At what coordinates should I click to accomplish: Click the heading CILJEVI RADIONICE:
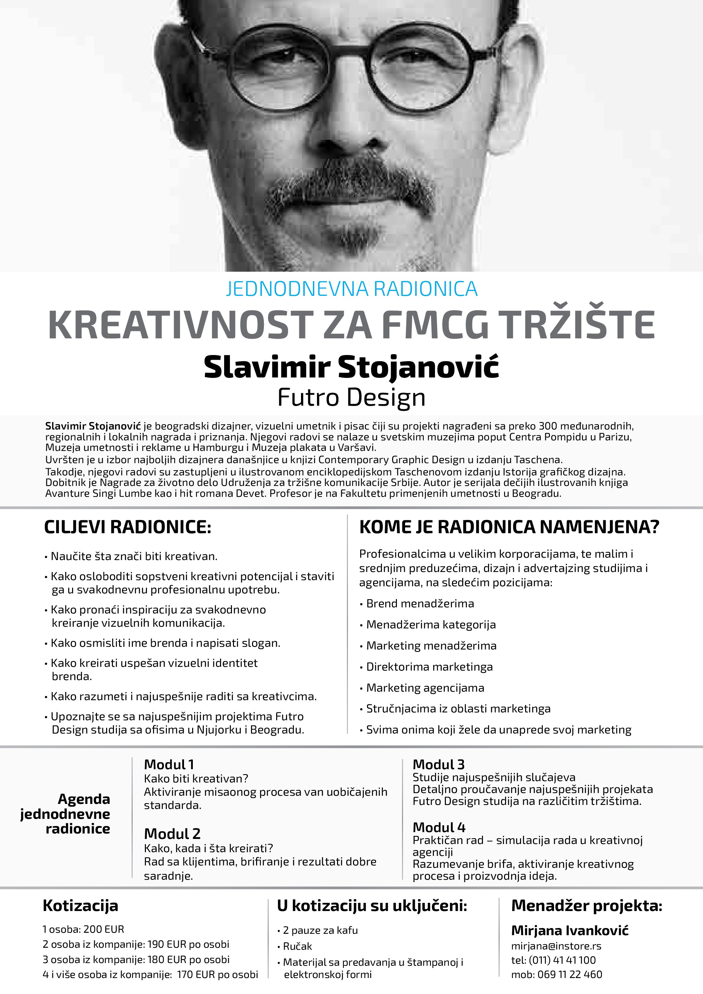click(128, 527)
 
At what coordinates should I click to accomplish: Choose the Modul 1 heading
click(169, 764)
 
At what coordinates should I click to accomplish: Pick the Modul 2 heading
click(172, 834)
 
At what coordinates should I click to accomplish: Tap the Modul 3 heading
click(438, 764)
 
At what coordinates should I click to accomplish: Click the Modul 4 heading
click(438, 827)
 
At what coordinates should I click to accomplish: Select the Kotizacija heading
click(81, 906)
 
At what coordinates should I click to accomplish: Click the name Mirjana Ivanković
click(570, 930)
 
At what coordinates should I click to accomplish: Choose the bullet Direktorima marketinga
click(429, 667)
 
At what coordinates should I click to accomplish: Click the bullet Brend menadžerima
click(420, 604)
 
